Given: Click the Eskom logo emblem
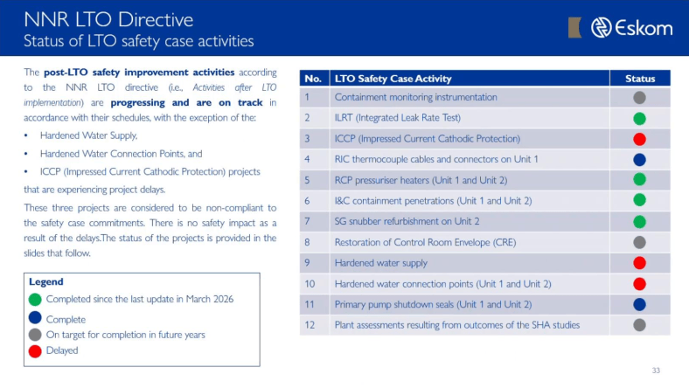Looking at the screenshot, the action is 601,28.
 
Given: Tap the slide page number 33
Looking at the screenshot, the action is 656,371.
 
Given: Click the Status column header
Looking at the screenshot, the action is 640,79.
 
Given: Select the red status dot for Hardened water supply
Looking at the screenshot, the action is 639,263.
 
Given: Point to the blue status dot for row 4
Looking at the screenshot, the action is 639,160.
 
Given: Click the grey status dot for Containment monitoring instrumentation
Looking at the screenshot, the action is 639,98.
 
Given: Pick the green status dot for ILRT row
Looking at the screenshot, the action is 639,118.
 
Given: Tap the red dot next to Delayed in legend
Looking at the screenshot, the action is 35,351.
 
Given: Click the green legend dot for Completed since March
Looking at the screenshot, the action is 35,299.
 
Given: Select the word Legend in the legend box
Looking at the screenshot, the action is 46,281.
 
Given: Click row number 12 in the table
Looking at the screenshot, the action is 310,325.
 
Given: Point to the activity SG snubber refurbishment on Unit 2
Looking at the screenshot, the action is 407,221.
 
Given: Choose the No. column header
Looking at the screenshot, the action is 313,79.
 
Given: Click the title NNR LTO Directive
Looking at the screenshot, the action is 108,20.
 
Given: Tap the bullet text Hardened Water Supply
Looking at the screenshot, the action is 89,135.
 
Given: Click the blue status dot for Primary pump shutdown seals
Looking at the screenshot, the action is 639,304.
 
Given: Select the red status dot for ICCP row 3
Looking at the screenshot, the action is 639,139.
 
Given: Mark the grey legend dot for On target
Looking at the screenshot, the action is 35,335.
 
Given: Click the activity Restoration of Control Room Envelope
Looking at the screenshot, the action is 425,242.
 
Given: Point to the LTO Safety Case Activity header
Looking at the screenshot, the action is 393,79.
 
